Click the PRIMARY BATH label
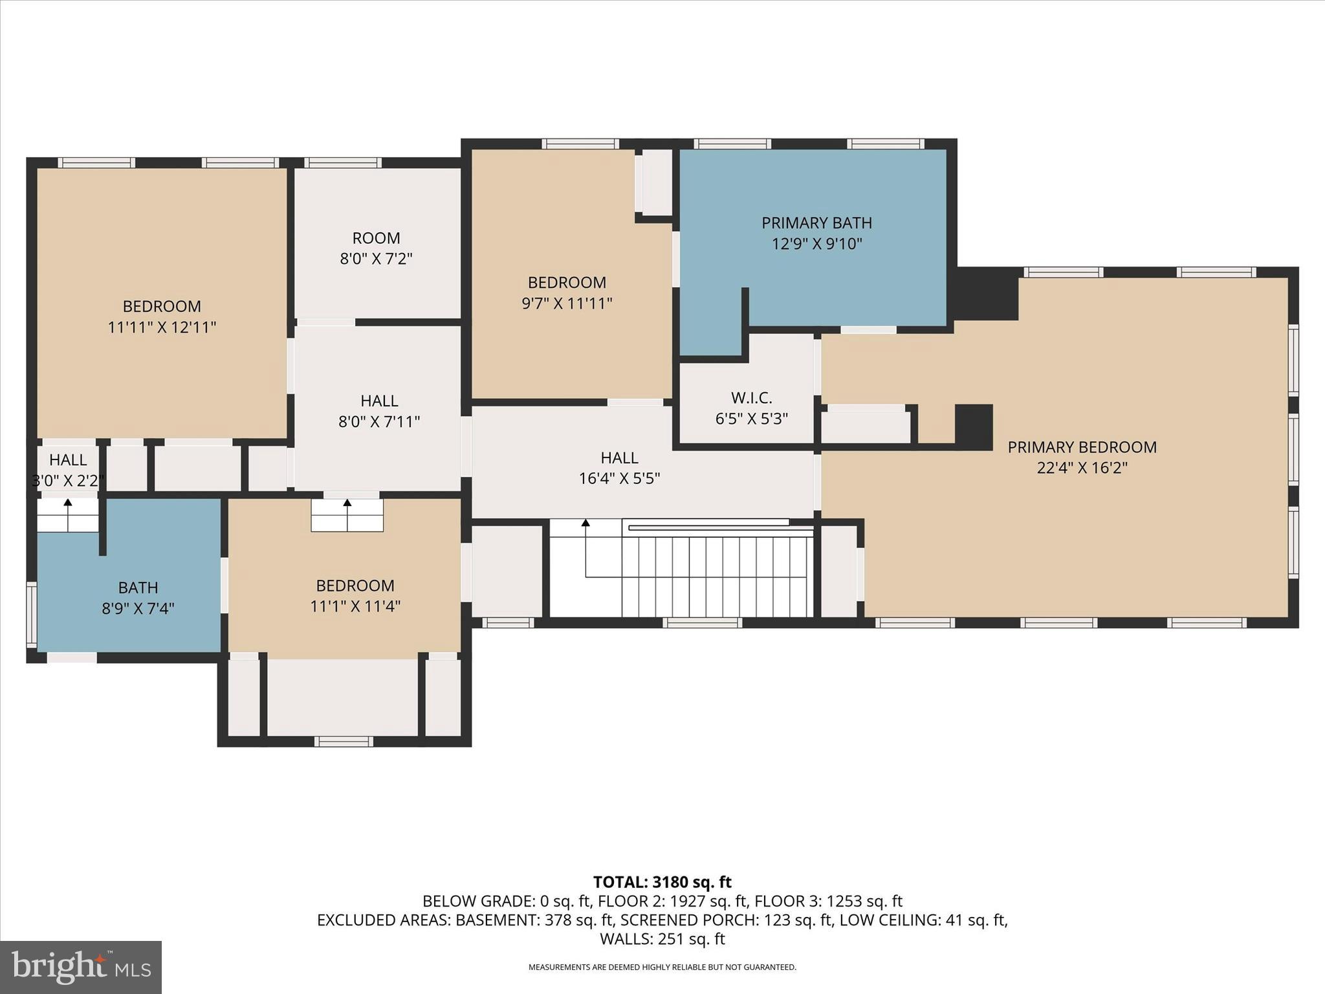tap(816, 223)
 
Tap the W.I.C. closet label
tap(751, 397)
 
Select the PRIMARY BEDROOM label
tap(1082, 447)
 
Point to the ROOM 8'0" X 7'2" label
tap(376, 248)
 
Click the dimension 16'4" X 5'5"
tap(619, 478)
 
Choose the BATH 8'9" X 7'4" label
tap(138, 597)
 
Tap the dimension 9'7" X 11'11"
tap(567, 303)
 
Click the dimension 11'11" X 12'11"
tap(162, 327)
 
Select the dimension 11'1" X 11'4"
tap(355, 606)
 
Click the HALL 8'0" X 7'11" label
tap(379, 411)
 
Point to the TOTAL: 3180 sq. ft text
tap(662, 882)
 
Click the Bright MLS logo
tap(81, 967)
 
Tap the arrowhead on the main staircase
tap(586, 523)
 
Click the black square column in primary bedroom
tap(974, 427)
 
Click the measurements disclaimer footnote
tap(662, 967)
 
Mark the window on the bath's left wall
tap(31, 615)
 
